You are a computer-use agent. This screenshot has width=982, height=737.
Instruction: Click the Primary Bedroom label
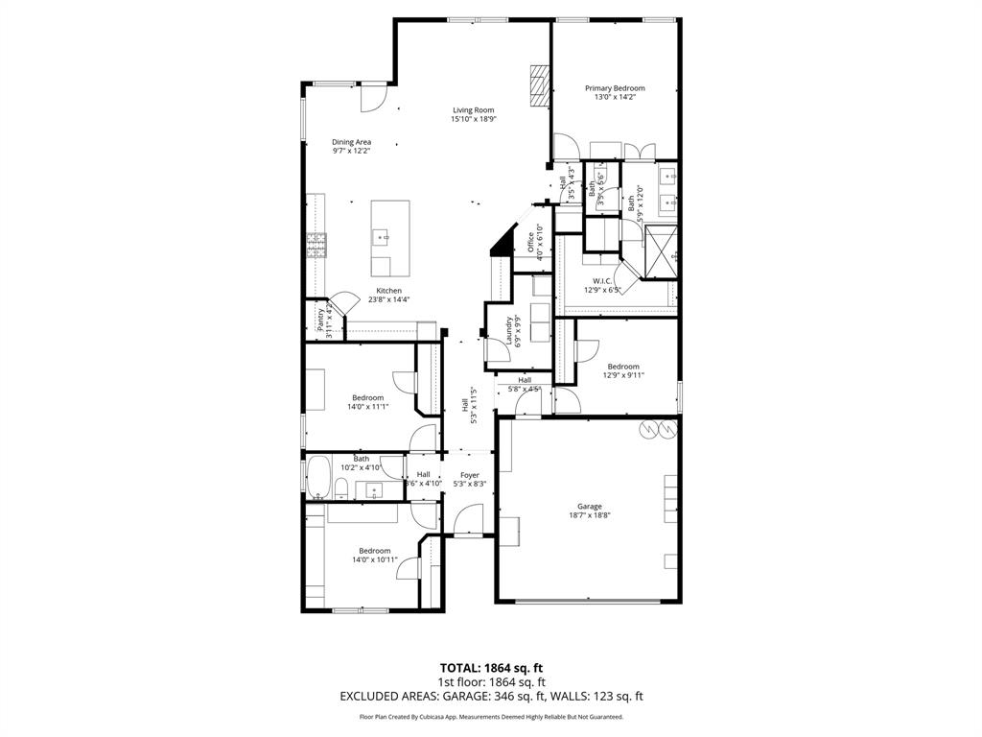[615, 88]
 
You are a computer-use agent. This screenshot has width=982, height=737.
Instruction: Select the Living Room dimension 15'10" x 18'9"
[472, 120]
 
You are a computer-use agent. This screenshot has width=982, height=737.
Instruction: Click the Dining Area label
[351, 142]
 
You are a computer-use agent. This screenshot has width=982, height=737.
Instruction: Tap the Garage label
[589, 506]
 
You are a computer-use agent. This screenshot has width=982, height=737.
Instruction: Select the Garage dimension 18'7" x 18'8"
[589, 515]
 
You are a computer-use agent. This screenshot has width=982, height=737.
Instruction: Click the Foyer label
[469, 475]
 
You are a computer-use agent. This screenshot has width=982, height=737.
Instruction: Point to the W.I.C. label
[602, 280]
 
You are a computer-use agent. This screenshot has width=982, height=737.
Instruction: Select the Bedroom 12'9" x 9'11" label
[622, 367]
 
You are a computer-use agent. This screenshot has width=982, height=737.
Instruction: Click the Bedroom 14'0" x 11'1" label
[367, 397]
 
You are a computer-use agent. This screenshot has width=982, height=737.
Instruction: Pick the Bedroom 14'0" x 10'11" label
[374, 550]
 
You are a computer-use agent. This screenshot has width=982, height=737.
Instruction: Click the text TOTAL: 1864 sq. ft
[490, 668]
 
